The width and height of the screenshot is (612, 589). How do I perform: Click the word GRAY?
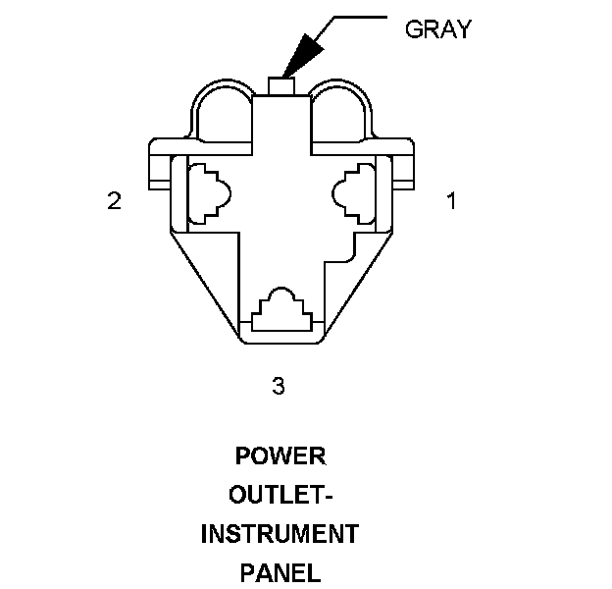pos(438,29)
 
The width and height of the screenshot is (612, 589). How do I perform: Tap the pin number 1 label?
pos(451,201)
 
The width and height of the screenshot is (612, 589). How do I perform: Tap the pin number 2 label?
pos(114,201)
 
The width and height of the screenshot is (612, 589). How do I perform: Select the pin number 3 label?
pos(279,386)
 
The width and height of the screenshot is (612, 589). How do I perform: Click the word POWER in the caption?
pos(280,457)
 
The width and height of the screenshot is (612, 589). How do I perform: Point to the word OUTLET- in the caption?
pos(280,496)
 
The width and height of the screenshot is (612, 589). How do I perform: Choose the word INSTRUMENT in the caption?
pos(280,534)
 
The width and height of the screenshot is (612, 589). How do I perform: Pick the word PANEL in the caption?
pos(280,571)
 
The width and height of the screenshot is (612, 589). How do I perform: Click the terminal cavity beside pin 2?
pos(208,192)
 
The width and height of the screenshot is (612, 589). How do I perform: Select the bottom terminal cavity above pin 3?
pos(282,310)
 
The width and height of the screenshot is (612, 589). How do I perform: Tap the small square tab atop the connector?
pos(281,87)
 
